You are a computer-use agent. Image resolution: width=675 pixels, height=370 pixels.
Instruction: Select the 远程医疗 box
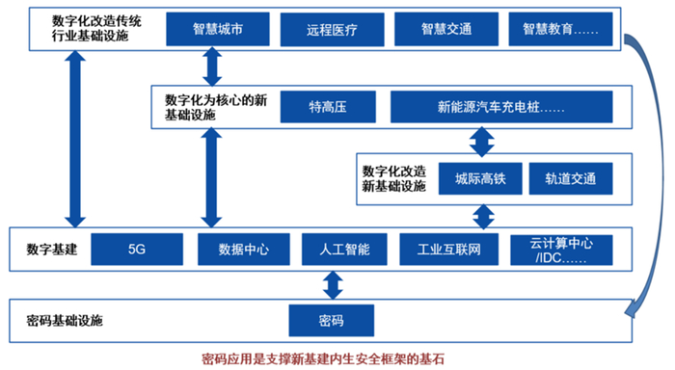coord(332,30)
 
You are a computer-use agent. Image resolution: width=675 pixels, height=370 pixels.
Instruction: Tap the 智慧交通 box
coord(445,30)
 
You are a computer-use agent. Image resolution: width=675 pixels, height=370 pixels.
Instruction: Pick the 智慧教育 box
coord(560,30)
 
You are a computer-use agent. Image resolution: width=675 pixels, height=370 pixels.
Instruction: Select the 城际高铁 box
coord(479,177)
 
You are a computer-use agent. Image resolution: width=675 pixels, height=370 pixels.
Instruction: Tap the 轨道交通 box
coord(570,177)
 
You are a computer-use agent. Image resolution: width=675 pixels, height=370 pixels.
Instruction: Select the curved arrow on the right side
coord(649,173)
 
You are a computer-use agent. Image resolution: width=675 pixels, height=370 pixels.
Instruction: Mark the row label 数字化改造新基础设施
coord(391,177)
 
